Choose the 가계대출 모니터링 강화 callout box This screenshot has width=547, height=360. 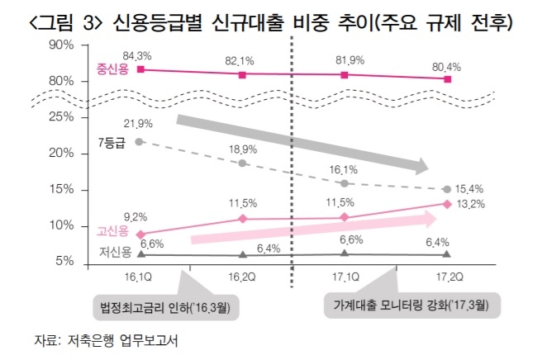pyautogui.click(x=410, y=305)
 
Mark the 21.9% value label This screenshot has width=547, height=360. pyautogui.click(x=138, y=124)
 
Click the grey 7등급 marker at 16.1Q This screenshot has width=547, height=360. pyautogui.click(x=140, y=142)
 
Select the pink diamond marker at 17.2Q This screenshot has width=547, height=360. pyautogui.click(x=447, y=204)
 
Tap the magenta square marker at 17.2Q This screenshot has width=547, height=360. pyautogui.click(x=447, y=78)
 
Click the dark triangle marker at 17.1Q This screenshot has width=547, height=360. pyautogui.click(x=345, y=253)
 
